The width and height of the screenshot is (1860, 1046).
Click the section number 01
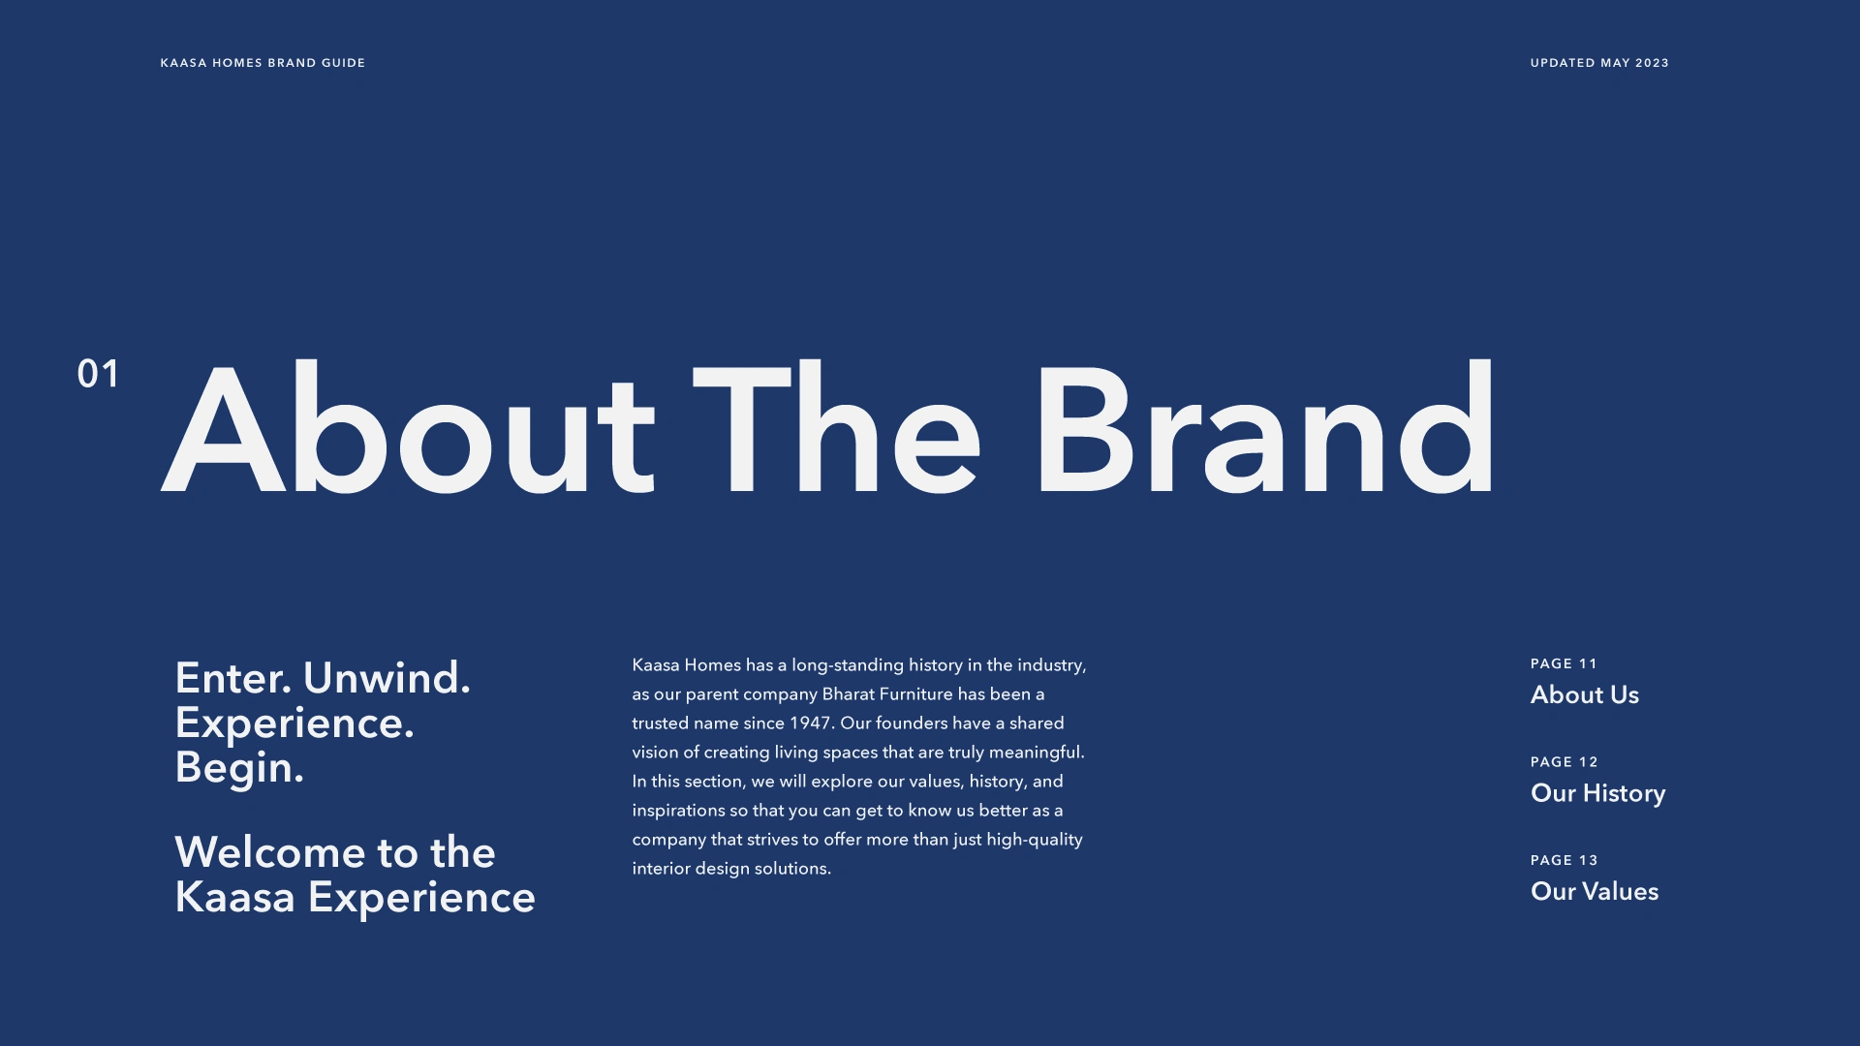[98, 374]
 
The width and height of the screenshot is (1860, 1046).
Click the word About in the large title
[409, 428]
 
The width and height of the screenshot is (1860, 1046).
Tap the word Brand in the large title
[1265, 428]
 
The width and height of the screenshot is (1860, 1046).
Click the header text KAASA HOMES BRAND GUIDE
[263, 63]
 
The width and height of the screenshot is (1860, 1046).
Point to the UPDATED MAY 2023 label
[1599, 63]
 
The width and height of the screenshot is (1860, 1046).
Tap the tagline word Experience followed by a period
[294, 723]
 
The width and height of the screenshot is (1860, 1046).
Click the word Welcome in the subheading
[269, 852]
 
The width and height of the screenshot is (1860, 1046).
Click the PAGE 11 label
[1564, 663]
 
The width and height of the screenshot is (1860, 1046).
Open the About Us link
[1585, 694]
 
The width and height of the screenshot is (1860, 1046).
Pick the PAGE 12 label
[1564, 762]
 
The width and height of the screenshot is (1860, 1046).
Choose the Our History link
[1597, 793]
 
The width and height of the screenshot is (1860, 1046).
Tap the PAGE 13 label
[1564, 860]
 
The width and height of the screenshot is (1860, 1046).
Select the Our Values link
[1595, 891]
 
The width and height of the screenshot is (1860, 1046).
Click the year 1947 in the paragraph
[811, 723]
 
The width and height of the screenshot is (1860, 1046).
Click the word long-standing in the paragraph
[848, 665]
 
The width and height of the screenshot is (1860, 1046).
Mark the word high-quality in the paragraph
[1035, 840]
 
